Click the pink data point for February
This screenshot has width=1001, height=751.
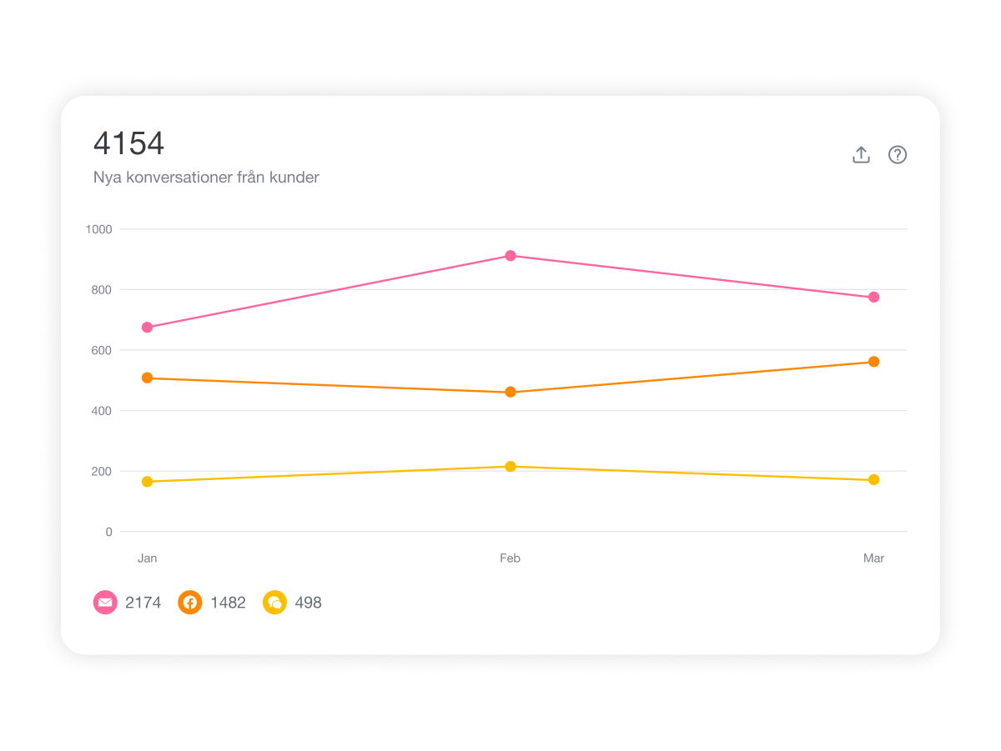(x=511, y=256)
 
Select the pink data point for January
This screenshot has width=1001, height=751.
(x=148, y=328)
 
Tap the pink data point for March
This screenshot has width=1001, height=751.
(x=873, y=298)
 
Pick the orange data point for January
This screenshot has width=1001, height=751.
(x=148, y=378)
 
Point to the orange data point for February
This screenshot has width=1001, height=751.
(x=511, y=392)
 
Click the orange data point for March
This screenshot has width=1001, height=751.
(x=873, y=362)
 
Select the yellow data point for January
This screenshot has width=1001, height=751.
(x=148, y=482)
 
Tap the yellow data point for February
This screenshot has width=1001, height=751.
(x=511, y=467)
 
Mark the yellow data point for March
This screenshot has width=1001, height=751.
(x=873, y=480)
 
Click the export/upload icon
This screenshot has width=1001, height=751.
(x=861, y=155)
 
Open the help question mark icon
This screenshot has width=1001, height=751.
(x=897, y=155)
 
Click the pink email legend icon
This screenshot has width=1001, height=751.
(x=105, y=602)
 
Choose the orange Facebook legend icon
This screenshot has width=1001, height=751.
(x=190, y=602)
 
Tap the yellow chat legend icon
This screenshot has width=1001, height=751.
(x=274, y=602)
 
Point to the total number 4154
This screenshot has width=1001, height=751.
(x=129, y=143)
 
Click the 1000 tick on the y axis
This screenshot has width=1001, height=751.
(x=98, y=229)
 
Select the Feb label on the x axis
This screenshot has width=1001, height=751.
(x=510, y=558)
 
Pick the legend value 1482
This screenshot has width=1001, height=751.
(x=228, y=603)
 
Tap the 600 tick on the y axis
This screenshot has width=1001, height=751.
(x=102, y=350)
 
